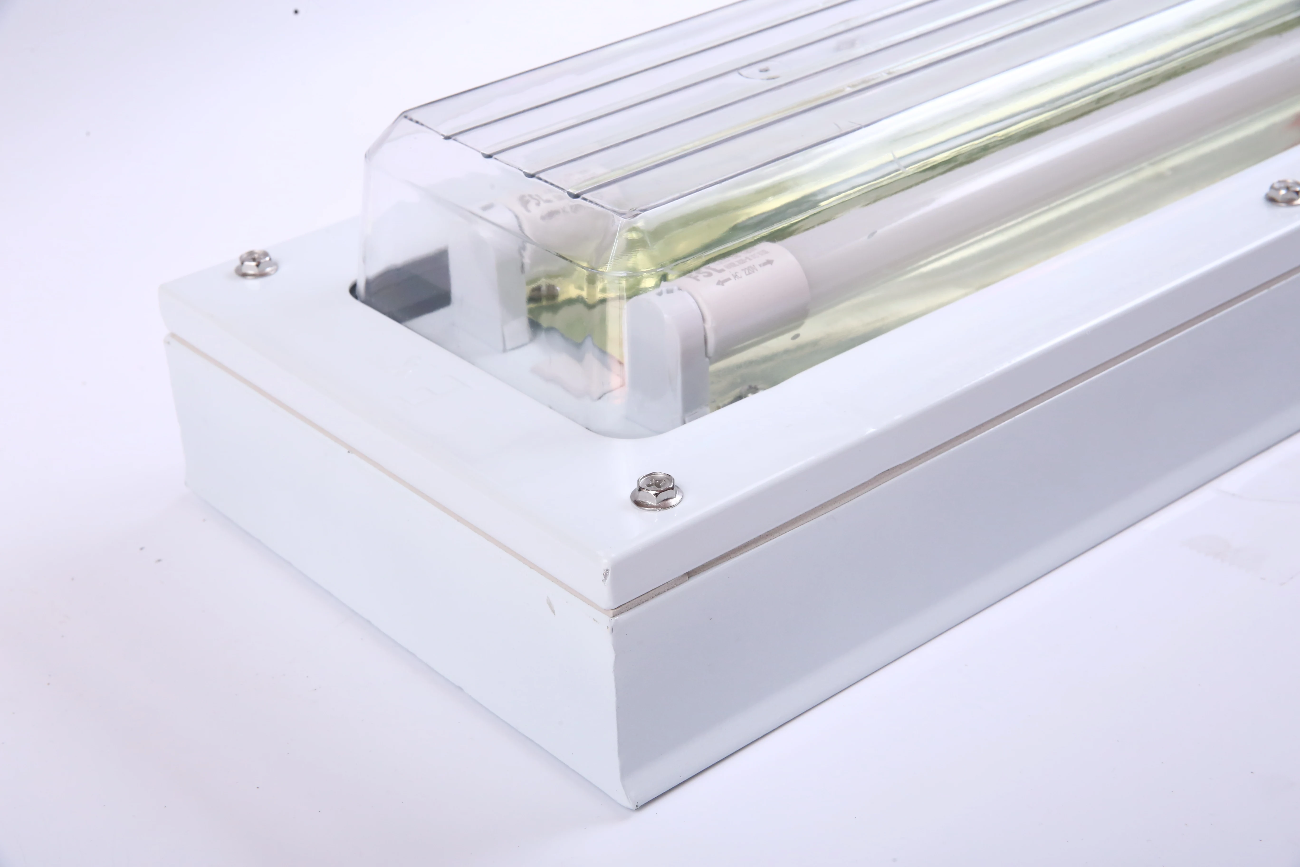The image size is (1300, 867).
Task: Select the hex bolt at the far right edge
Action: click(1283, 191)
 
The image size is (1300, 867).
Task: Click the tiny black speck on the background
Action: click(297, 11)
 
